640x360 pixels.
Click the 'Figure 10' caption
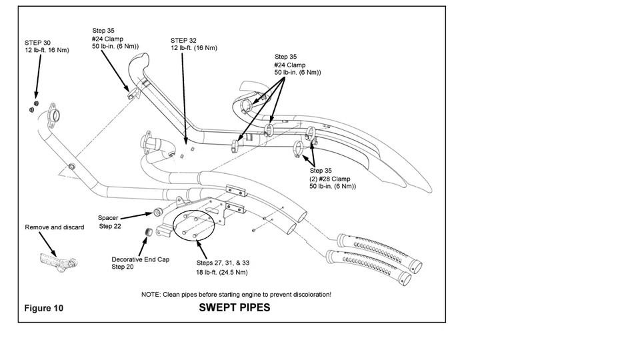pyautogui.click(x=44, y=308)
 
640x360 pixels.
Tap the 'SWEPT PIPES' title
pyautogui.click(x=234, y=308)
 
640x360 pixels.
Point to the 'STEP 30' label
pyautogui.click(x=37, y=43)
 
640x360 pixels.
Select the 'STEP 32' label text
pyautogui.click(x=183, y=41)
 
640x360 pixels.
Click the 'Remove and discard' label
pyautogui.click(x=54, y=227)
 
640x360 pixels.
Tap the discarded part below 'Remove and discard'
pyautogui.click(x=58, y=261)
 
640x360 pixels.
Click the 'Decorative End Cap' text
pyautogui.click(x=141, y=259)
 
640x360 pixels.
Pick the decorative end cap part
pyautogui.click(x=149, y=232)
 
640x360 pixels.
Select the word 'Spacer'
pyautogui.click(x=108, y=218)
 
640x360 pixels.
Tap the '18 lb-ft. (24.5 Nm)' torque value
pyautogui.click(x=221, y=272)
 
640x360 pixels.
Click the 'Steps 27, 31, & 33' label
pyautogui.click(x=223, y=263)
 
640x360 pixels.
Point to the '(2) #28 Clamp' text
pyautogui.click(x=330, y=179)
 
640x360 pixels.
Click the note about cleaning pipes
pyautogui.click(x=236, y=294)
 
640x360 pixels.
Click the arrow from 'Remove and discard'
pyautogui.click(x=48, y=245)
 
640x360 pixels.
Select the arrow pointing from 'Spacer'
pyautogui.click(x=136, y=216)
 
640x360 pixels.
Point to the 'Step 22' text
pyautogui.click(x=110, y=226)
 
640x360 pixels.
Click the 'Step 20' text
pyautogui.click(x=123, y=267)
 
